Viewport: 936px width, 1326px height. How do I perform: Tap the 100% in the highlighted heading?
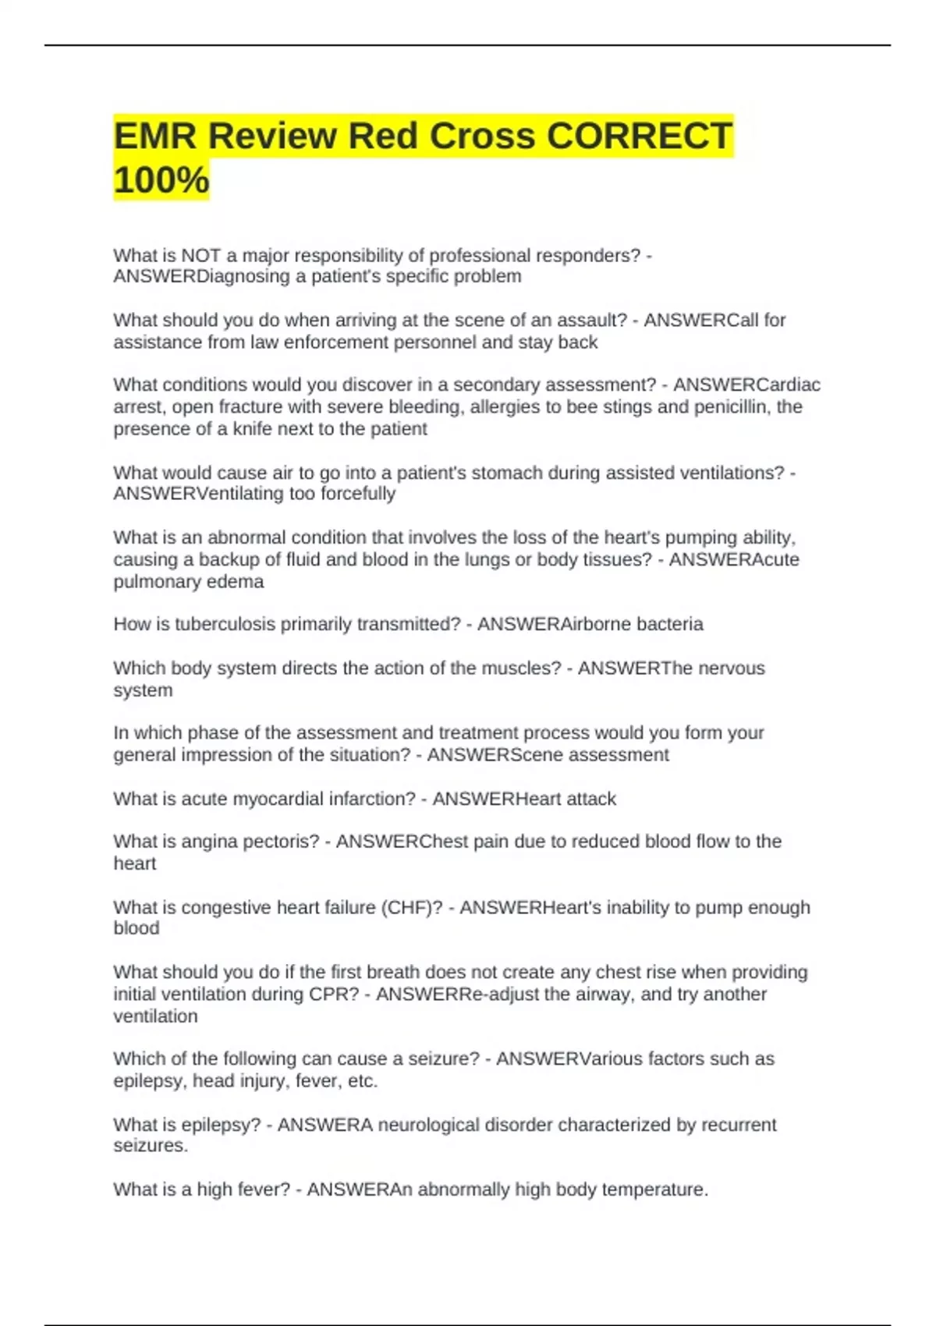coord(161,180)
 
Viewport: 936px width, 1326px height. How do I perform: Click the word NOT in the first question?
coord(201,256)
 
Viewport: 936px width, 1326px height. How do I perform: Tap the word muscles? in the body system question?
coord(522,668)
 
